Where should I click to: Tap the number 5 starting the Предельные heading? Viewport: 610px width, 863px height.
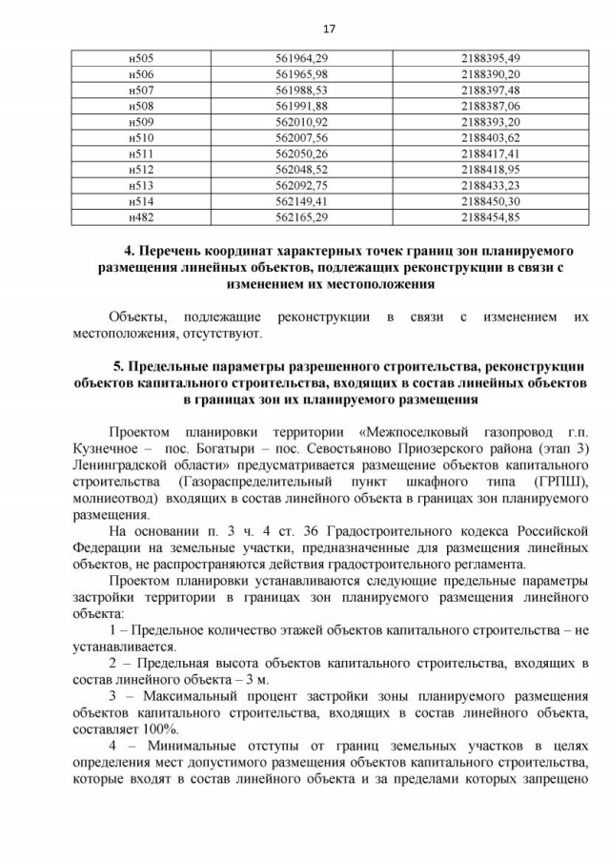coord(117,366)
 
